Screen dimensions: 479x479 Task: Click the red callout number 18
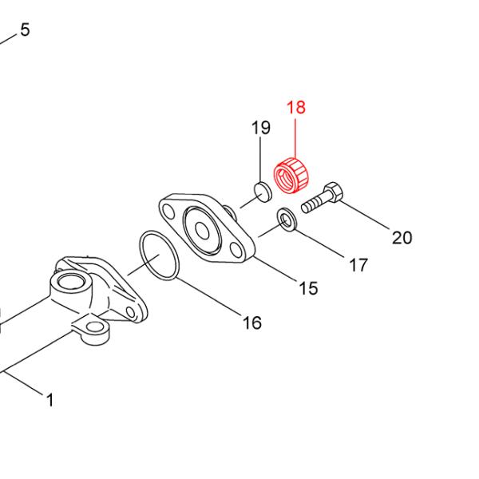pos(296,107)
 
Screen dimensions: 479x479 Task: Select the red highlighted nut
pos(291,176)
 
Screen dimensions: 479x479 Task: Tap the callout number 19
pos(261,128)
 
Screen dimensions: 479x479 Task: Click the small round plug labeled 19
pos(263,192)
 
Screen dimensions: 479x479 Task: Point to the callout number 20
pos(402,238)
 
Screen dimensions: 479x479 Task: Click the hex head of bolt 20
pos(334,192)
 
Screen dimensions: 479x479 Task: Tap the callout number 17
pos(358,265)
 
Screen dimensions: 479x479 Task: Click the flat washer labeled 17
pos(287,220)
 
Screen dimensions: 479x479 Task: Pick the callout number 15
pos(308,288)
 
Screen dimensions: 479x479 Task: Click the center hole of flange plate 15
pos(202,230)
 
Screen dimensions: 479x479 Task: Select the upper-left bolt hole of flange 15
pos(168,211)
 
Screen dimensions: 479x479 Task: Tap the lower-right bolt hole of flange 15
pos(236,249)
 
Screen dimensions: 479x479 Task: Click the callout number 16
pos(252,323)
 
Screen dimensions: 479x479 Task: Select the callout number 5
pos(26,30)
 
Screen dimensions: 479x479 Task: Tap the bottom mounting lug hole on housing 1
pos(94,328)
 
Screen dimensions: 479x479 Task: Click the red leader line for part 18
pos(295,139)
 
